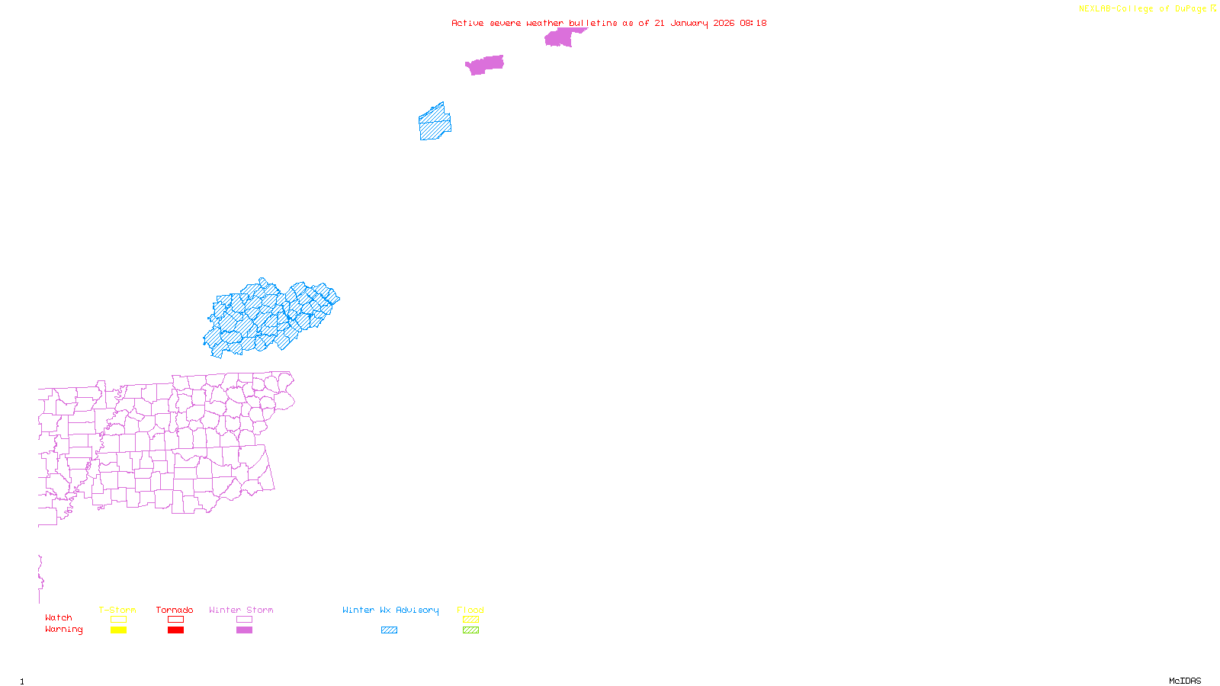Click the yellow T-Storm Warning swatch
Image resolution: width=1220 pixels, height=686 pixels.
click(x=118, y=630)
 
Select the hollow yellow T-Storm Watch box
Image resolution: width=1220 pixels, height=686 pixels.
click(x=118, y=620)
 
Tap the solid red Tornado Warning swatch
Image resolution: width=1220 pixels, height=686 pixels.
click(x=175, y=630)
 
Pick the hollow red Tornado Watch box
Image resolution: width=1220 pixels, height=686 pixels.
click(x=175, y=620)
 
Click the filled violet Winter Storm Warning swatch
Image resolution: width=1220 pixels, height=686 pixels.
click(x=244, y=630)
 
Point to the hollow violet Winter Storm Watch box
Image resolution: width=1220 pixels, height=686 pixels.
click(x=244, y=620)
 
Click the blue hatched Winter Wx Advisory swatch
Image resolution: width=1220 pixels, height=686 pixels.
click(x=389, y=630)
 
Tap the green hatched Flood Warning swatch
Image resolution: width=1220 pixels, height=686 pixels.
click(x=470, y=630)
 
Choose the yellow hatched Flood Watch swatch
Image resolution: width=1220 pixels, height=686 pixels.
click(x=470, y=620)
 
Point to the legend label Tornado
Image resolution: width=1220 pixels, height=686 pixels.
click(x=175, y=610)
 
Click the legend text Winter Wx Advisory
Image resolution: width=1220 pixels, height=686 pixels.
click(x=390, y=610)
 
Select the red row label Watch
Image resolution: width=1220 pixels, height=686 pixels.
click(x=59, y=618)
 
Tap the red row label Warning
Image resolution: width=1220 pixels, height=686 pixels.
click(x=63, y=630)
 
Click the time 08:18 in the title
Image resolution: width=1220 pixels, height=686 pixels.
click(x=753, y=23)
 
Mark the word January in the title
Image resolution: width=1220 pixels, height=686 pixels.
click(x=689, y=23)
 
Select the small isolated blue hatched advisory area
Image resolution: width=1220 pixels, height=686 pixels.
click(x=435, y=123)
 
